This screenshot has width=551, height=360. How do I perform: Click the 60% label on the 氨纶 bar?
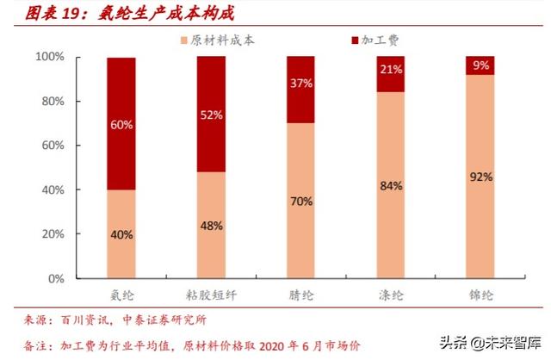121,125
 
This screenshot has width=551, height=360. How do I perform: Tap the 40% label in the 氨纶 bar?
121,234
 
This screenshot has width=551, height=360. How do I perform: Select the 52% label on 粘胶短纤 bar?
212,115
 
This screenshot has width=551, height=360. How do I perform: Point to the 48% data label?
212,226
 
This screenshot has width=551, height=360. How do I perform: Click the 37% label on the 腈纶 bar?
301,84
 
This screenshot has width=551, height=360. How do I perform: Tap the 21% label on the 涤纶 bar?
391,70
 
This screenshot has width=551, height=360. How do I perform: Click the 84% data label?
391,185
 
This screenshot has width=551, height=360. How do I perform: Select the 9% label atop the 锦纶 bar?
480,64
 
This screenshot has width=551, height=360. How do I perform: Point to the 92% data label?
480,177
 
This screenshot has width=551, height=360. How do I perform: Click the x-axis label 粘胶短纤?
211,295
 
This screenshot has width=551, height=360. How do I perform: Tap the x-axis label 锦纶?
480,295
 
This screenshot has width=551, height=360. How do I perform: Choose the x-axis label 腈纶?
301,295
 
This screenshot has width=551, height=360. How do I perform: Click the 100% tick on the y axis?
48,57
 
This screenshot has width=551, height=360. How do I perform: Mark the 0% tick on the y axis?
54,279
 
